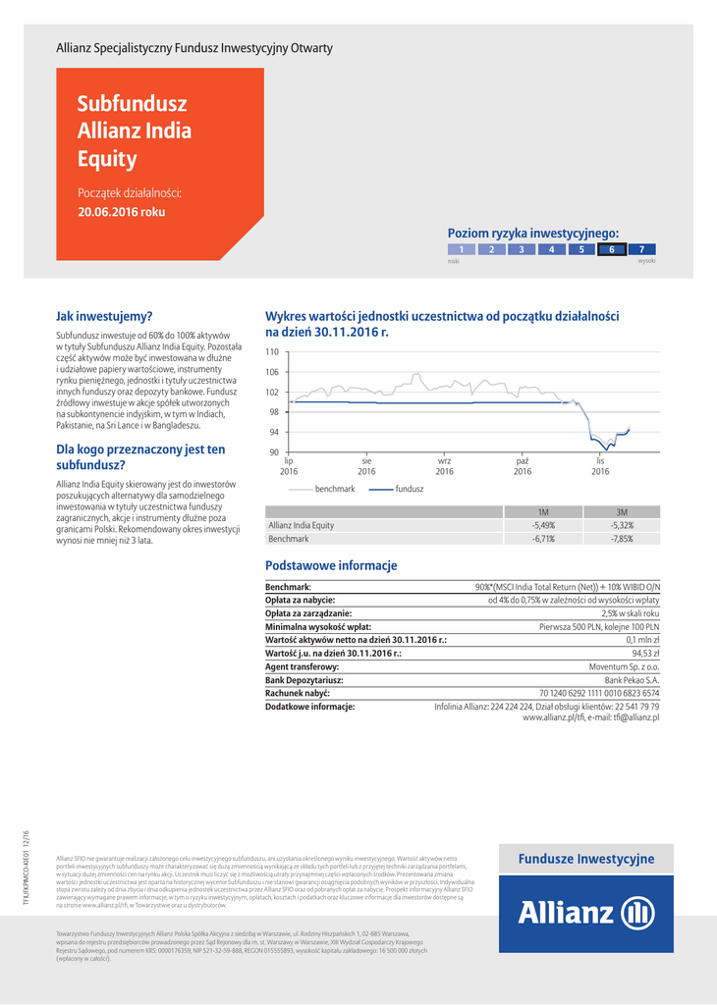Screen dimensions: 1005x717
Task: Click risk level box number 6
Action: pyautogui.click(x=611, y=249)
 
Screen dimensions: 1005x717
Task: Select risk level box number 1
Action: pyautogui.click(x=461, y=249)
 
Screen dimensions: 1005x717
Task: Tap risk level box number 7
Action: pyautogui.click(x=641, y=249)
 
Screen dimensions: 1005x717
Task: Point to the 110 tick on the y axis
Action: pyautogui.click(x=272, y=351)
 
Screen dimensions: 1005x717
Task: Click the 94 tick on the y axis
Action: pyautogui.click(x=273, y=432)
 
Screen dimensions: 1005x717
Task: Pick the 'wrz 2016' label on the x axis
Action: pyautogui.click(x=444, y=465)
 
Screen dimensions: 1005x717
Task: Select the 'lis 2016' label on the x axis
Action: pyautogui.click(x=600, y=465)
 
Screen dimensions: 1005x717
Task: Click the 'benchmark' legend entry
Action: pyautogui.click(x=335, y=488)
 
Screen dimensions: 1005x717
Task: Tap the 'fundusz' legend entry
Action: pyautogui.click(x=410, y=488)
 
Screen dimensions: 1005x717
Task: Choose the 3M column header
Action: pyautogui.click(x=622, y=511)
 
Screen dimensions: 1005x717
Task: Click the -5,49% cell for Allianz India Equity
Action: pyautogui.click(x=543, y=525)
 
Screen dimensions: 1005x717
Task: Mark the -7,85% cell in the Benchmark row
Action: pyautogui.click(x=622, y=539)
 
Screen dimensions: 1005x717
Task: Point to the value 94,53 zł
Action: pyautogui.click(x=645, y=653)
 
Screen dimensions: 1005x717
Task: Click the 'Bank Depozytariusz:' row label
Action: pyautogui.click(x=304, y=679)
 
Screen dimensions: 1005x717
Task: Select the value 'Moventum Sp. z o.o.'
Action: pyautogui.click(x=624, y=666)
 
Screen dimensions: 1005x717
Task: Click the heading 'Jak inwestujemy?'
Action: pyautogui.click(x=104, y=316)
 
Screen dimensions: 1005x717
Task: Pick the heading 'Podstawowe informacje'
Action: pyautogui.click(x=331, y=565)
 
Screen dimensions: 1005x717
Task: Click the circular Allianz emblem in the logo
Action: pyautogui.click(x=638, y=914)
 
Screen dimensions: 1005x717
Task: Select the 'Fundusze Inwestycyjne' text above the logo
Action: pyautogui.click(x=585, y=859)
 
